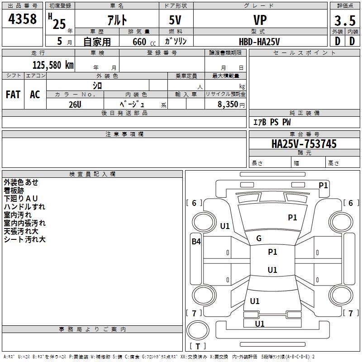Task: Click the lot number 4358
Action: tap(22, 19)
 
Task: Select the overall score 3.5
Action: tap(345, 20)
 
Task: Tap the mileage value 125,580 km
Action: tap(53, 65)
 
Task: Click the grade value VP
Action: tap(260, 20)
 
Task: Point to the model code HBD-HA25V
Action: tap(259, 42)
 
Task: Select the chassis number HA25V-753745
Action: tap(304, 143)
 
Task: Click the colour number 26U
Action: tap(75, 105)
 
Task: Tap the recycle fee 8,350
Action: tap(228, 104)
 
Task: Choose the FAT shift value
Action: tap(13, 94)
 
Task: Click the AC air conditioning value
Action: tap(35, 94)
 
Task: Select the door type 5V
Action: tap(175, 20)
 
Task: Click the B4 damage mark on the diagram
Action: tap(196, 242)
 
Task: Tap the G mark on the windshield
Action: tap(259, 238)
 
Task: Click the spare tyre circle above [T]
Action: tap(198, 330)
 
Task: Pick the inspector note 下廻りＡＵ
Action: tap(20, 198)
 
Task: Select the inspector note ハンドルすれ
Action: tap(24, 207)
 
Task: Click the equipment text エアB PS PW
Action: tap(272, 122)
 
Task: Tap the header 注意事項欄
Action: tap(124, 134)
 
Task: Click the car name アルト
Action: tap(117, 20)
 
